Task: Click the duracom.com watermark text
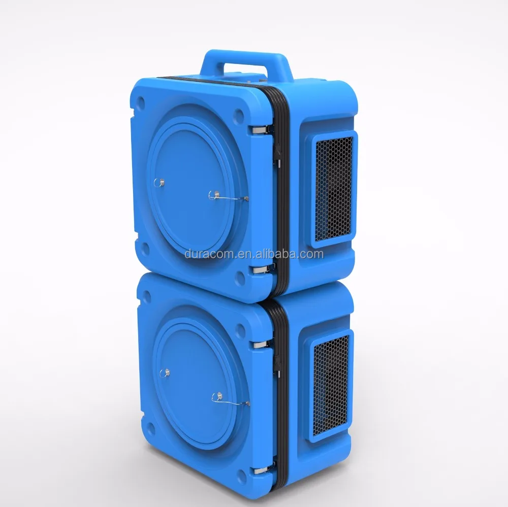254,254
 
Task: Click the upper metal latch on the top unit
262,131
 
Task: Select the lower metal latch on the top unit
264,268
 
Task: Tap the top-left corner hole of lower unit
142,293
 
